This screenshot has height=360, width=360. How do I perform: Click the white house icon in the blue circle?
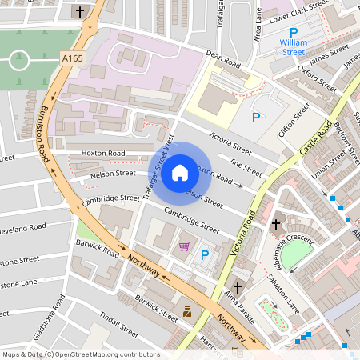click(179, 173)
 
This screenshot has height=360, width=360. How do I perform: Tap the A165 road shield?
click(71, 58)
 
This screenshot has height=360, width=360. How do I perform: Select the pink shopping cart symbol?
click(184, 246)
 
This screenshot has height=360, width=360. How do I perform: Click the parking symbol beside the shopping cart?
click(204, 256)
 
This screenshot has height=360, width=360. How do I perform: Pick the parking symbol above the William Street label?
click(293, 32)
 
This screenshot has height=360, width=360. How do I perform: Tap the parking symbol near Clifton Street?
click(256, 118)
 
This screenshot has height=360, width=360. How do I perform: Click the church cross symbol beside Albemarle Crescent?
click(276, 225)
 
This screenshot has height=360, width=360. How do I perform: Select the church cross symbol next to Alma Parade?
click(237, 287)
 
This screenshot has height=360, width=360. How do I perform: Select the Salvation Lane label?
click(283, 294)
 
